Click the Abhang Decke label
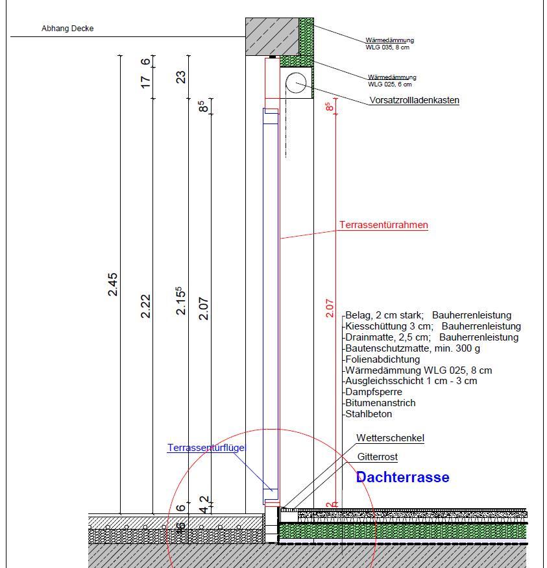click(x=67, y=29)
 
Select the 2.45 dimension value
click(x=113, y=285)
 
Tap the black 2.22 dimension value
click(x=145, y=306)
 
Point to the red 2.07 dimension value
click(x=329, y=306)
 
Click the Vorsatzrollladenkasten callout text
click(x=414, y=101)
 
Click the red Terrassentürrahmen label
click(x=383, y=226)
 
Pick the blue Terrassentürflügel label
click(x=206, y=448)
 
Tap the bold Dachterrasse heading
click(x=402, y=478)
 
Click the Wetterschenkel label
click(x=390, y=438)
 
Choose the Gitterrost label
click(x=377, y=458)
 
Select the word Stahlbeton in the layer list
click(x=369, y=414)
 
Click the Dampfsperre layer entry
click(x=374, y=392)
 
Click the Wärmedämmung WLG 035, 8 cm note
click(x=389, y=44)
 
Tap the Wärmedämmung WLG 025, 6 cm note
click(x=392, y=81)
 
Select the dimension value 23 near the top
click(x=182, y=77)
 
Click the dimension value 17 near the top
click(x=145, y=82)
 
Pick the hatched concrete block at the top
click(x=273, y=36)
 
